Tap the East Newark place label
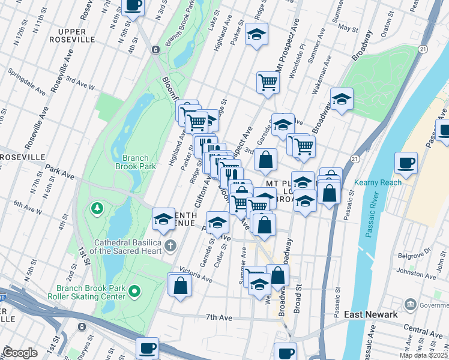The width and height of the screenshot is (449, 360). [x=370, y=314]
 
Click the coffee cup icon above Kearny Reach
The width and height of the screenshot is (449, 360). [x=406, y=163]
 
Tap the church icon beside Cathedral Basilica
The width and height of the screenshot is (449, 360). [x=170, y=245]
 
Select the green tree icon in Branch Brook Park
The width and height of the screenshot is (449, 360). [x=96, y=208]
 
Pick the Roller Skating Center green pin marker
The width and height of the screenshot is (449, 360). [x=135, y=292]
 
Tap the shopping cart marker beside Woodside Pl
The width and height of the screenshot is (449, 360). [x=268, y=83]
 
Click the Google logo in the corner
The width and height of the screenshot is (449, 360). [x=20, y=352]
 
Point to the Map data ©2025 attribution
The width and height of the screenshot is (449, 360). [x=424, y=355]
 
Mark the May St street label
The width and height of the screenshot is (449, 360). [x=348, y=28]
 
